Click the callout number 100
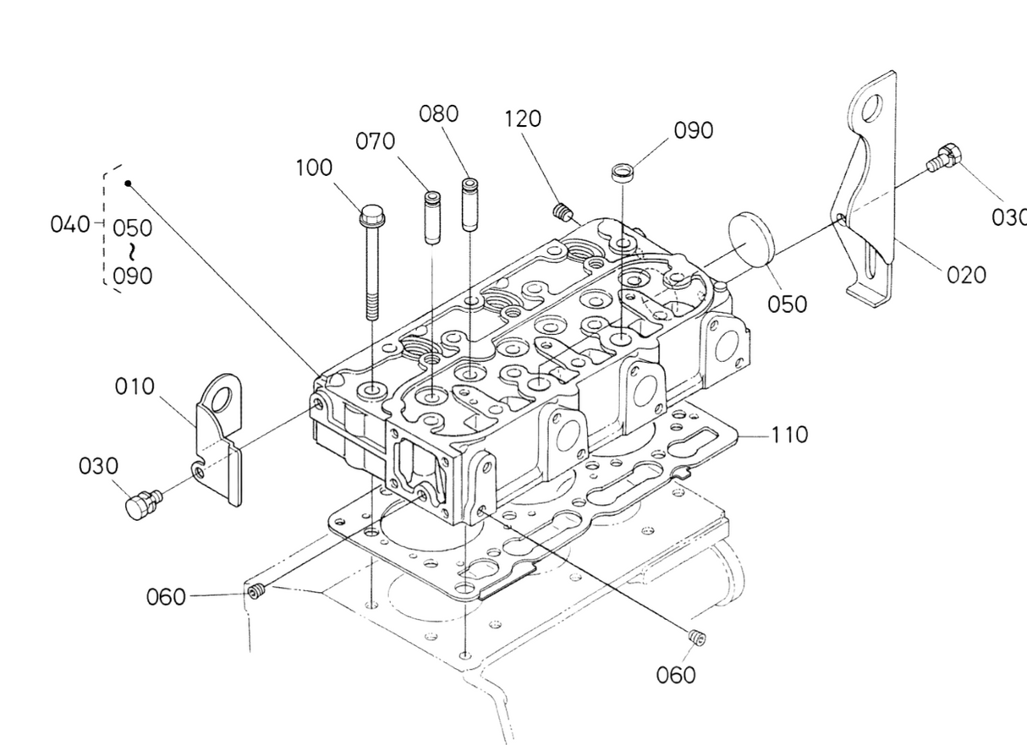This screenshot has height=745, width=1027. coord(314,167)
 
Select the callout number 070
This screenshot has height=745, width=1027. coord(375,141)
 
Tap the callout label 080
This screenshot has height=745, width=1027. coord(439,113)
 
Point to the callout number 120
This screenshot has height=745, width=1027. coord(523,118)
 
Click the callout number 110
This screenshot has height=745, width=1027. coord(790,435)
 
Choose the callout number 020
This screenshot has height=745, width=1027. coord(966,276)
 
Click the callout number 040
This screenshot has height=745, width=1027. coord(69,224)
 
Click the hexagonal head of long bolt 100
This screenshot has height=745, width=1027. coord(372,216)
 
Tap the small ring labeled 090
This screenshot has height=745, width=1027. coord(623,173)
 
